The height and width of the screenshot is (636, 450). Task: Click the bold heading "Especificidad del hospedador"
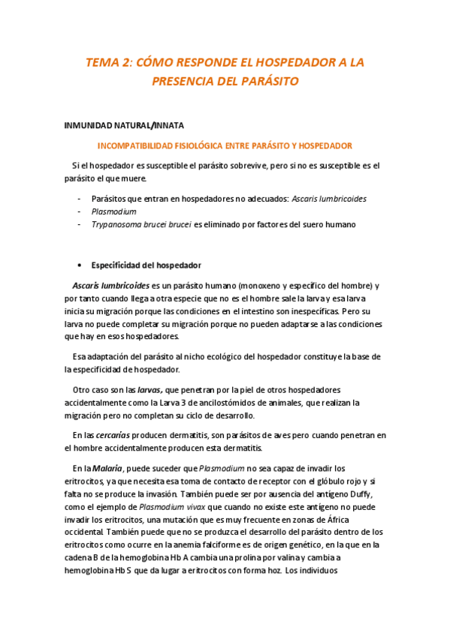tap(146, 265)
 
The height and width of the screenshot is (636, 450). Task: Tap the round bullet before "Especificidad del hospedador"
tap(80, 265)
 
